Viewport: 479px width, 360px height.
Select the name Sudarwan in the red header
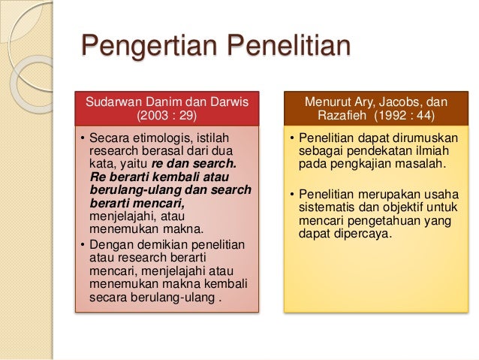pyautogui.click(x=113, y=102)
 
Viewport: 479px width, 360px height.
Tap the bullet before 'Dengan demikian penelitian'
pyautogui.click(x=82, y=245)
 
